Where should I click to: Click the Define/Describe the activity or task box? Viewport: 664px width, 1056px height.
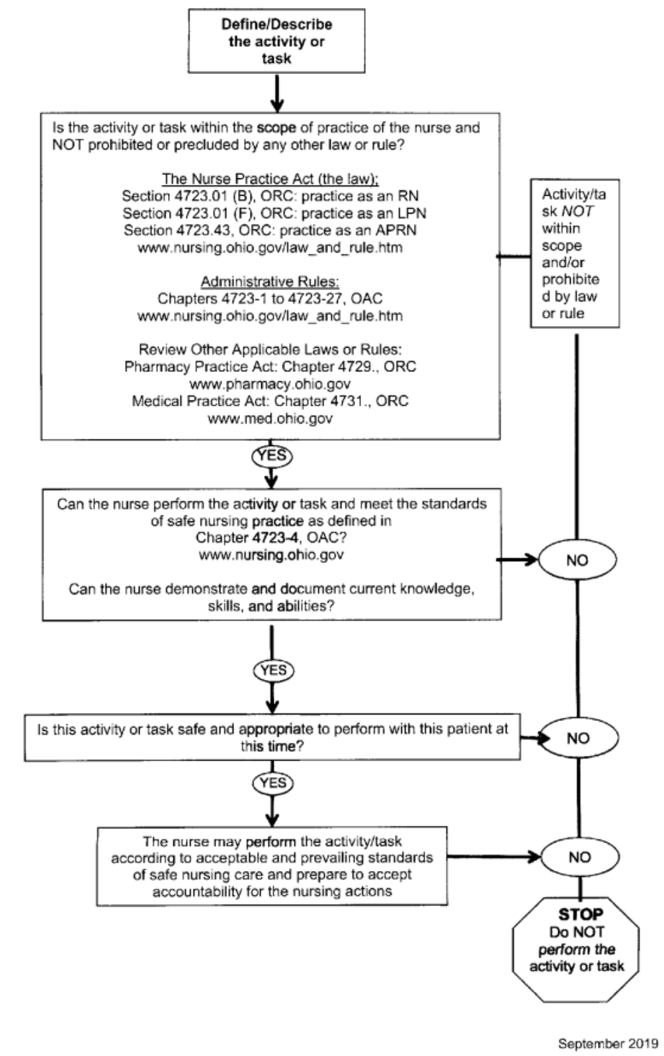point(276,41)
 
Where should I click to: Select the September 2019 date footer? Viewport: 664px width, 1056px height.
point(608,1043)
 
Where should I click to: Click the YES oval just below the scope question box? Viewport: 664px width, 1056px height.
point(272,456)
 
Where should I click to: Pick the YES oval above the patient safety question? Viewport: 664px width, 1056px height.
point(273,671)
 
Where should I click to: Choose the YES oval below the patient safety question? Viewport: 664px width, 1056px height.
point(272,783)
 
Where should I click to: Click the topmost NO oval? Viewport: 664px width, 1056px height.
point(577,560)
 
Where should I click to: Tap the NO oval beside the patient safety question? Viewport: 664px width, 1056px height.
point(578,738)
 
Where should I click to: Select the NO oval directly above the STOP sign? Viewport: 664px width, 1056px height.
point(579,857)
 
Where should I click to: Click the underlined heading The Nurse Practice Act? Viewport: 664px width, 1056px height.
point(270,179)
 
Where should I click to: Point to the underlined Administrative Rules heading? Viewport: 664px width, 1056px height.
point(270,282)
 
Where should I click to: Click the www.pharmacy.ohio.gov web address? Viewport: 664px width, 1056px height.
point(270,384)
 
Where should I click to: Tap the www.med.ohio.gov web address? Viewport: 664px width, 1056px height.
point(270,418)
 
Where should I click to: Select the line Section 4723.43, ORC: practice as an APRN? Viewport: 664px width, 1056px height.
point(270,231)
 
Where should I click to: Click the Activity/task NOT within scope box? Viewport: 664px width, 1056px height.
point(575,254)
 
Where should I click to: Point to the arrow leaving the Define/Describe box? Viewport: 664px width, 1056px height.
point(277,93)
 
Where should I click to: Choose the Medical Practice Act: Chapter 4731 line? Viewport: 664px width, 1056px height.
point(270,401)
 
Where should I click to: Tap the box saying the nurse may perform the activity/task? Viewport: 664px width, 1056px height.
point(272,866)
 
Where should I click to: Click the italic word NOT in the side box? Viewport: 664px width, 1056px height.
point(577,211)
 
